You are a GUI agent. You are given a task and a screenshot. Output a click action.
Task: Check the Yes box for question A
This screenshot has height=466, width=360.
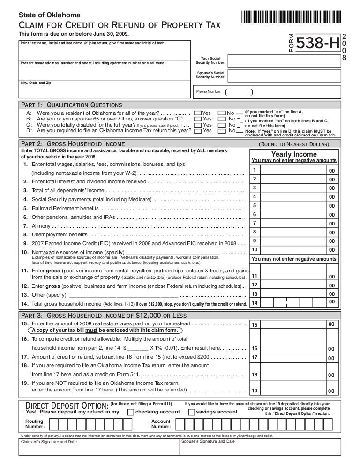tap(197, 113)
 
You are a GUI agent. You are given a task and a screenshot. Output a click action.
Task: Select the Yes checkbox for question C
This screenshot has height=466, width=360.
tap(197, 125)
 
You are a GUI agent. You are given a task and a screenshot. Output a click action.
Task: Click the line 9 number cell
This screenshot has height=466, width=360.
tap(254, 240)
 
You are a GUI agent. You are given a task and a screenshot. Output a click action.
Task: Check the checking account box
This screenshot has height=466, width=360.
tap(131, 412)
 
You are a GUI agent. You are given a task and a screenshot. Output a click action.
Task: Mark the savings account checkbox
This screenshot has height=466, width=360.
tap(191, 412)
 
